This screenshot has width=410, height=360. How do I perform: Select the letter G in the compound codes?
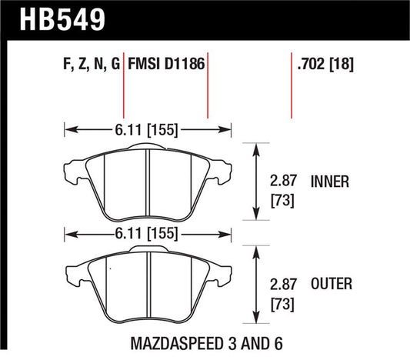pyautogui.click(x=115, y=67)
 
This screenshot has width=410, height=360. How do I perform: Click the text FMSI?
pyautogui.click(x=144, y=67)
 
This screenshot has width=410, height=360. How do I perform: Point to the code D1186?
pyautogui.click(x=184, y=67)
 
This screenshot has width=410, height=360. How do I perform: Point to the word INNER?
pyautogui.click(x=331, y=182)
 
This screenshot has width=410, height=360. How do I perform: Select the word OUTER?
pyautogui.click(x=332, y=284)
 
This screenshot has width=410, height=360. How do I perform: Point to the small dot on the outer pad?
pyautogui.click(x=109, y=269)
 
